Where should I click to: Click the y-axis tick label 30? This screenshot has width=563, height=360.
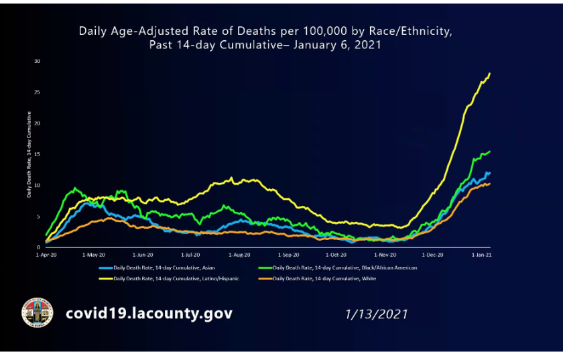click(x=38, y=62)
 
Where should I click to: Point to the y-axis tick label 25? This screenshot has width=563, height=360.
click(x=38, y=93)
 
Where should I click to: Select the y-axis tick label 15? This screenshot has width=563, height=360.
click(x=38, y=154)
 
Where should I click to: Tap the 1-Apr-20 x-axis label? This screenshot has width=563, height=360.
click(x=46, y=255)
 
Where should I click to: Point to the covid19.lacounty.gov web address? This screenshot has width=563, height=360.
click(x=149, y=314)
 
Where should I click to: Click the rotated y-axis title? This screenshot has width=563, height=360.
click(x=29, y=154)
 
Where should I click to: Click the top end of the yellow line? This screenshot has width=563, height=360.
click(x=490, y=73)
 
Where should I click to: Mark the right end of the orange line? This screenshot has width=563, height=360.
click(x=490, y=184)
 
